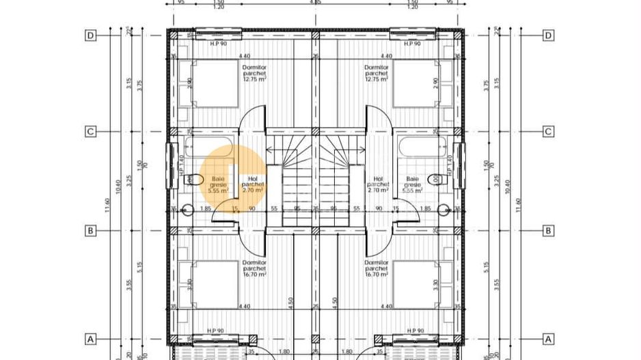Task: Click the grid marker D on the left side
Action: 90,35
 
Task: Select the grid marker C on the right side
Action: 547,132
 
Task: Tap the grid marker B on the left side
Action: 90,231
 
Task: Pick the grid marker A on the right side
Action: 547,338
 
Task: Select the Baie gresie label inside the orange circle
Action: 218,184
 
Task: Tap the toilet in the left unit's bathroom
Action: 195,179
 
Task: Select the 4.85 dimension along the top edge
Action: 315,3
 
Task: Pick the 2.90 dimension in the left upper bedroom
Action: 189,82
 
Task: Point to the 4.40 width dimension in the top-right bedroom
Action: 386,56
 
